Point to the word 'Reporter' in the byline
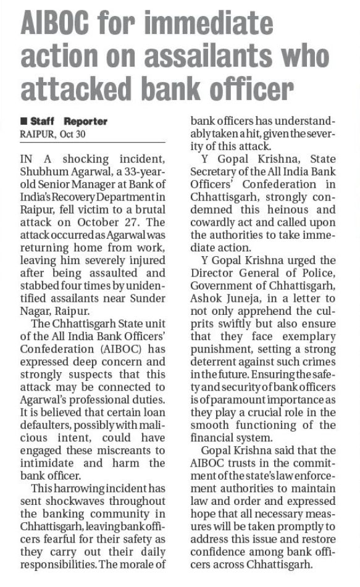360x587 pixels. pos(85,121)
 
